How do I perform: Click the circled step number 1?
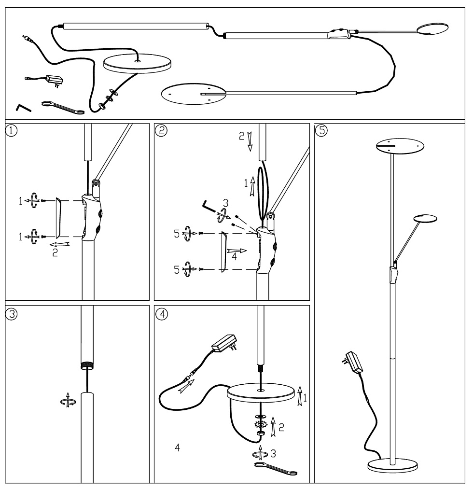point(11,130)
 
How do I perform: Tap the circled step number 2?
point(159,130)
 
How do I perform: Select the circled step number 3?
point(11,312)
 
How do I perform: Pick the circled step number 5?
point(319,130)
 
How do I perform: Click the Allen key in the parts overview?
point(23,107)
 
